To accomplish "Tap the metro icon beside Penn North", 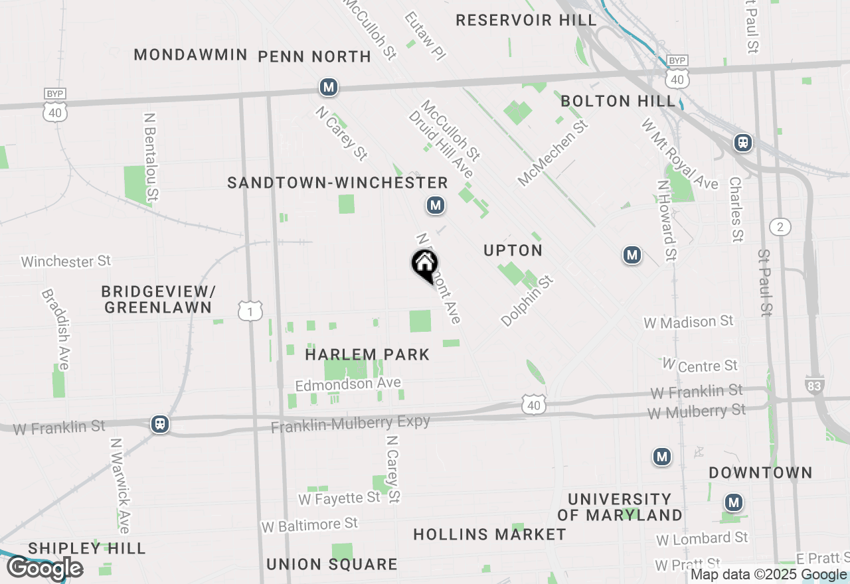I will (x=328, y=87).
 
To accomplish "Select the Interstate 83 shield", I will (x=815, y=384).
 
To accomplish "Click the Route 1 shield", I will (x=250, y=311).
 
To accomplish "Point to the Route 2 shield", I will (x=780, y=227).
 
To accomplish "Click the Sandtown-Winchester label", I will (x=337, y=183).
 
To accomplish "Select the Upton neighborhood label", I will (x=513, y=250).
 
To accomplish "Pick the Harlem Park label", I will (x=367, y=354).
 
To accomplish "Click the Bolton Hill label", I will (x=618, y=101).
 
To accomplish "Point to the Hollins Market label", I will (x=489, y=534).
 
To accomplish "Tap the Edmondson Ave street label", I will (x=348, y=384).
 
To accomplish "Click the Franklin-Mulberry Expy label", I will (x=350, y=423).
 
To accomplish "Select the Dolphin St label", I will (x=527, y=301).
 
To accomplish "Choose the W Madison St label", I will (x=688, y=322).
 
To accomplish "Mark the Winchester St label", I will (x=66, y=261).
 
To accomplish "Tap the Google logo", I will (x=44, y=568).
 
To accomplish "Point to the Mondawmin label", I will (x=191, y=54).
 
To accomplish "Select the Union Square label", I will (x=331, y=564).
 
